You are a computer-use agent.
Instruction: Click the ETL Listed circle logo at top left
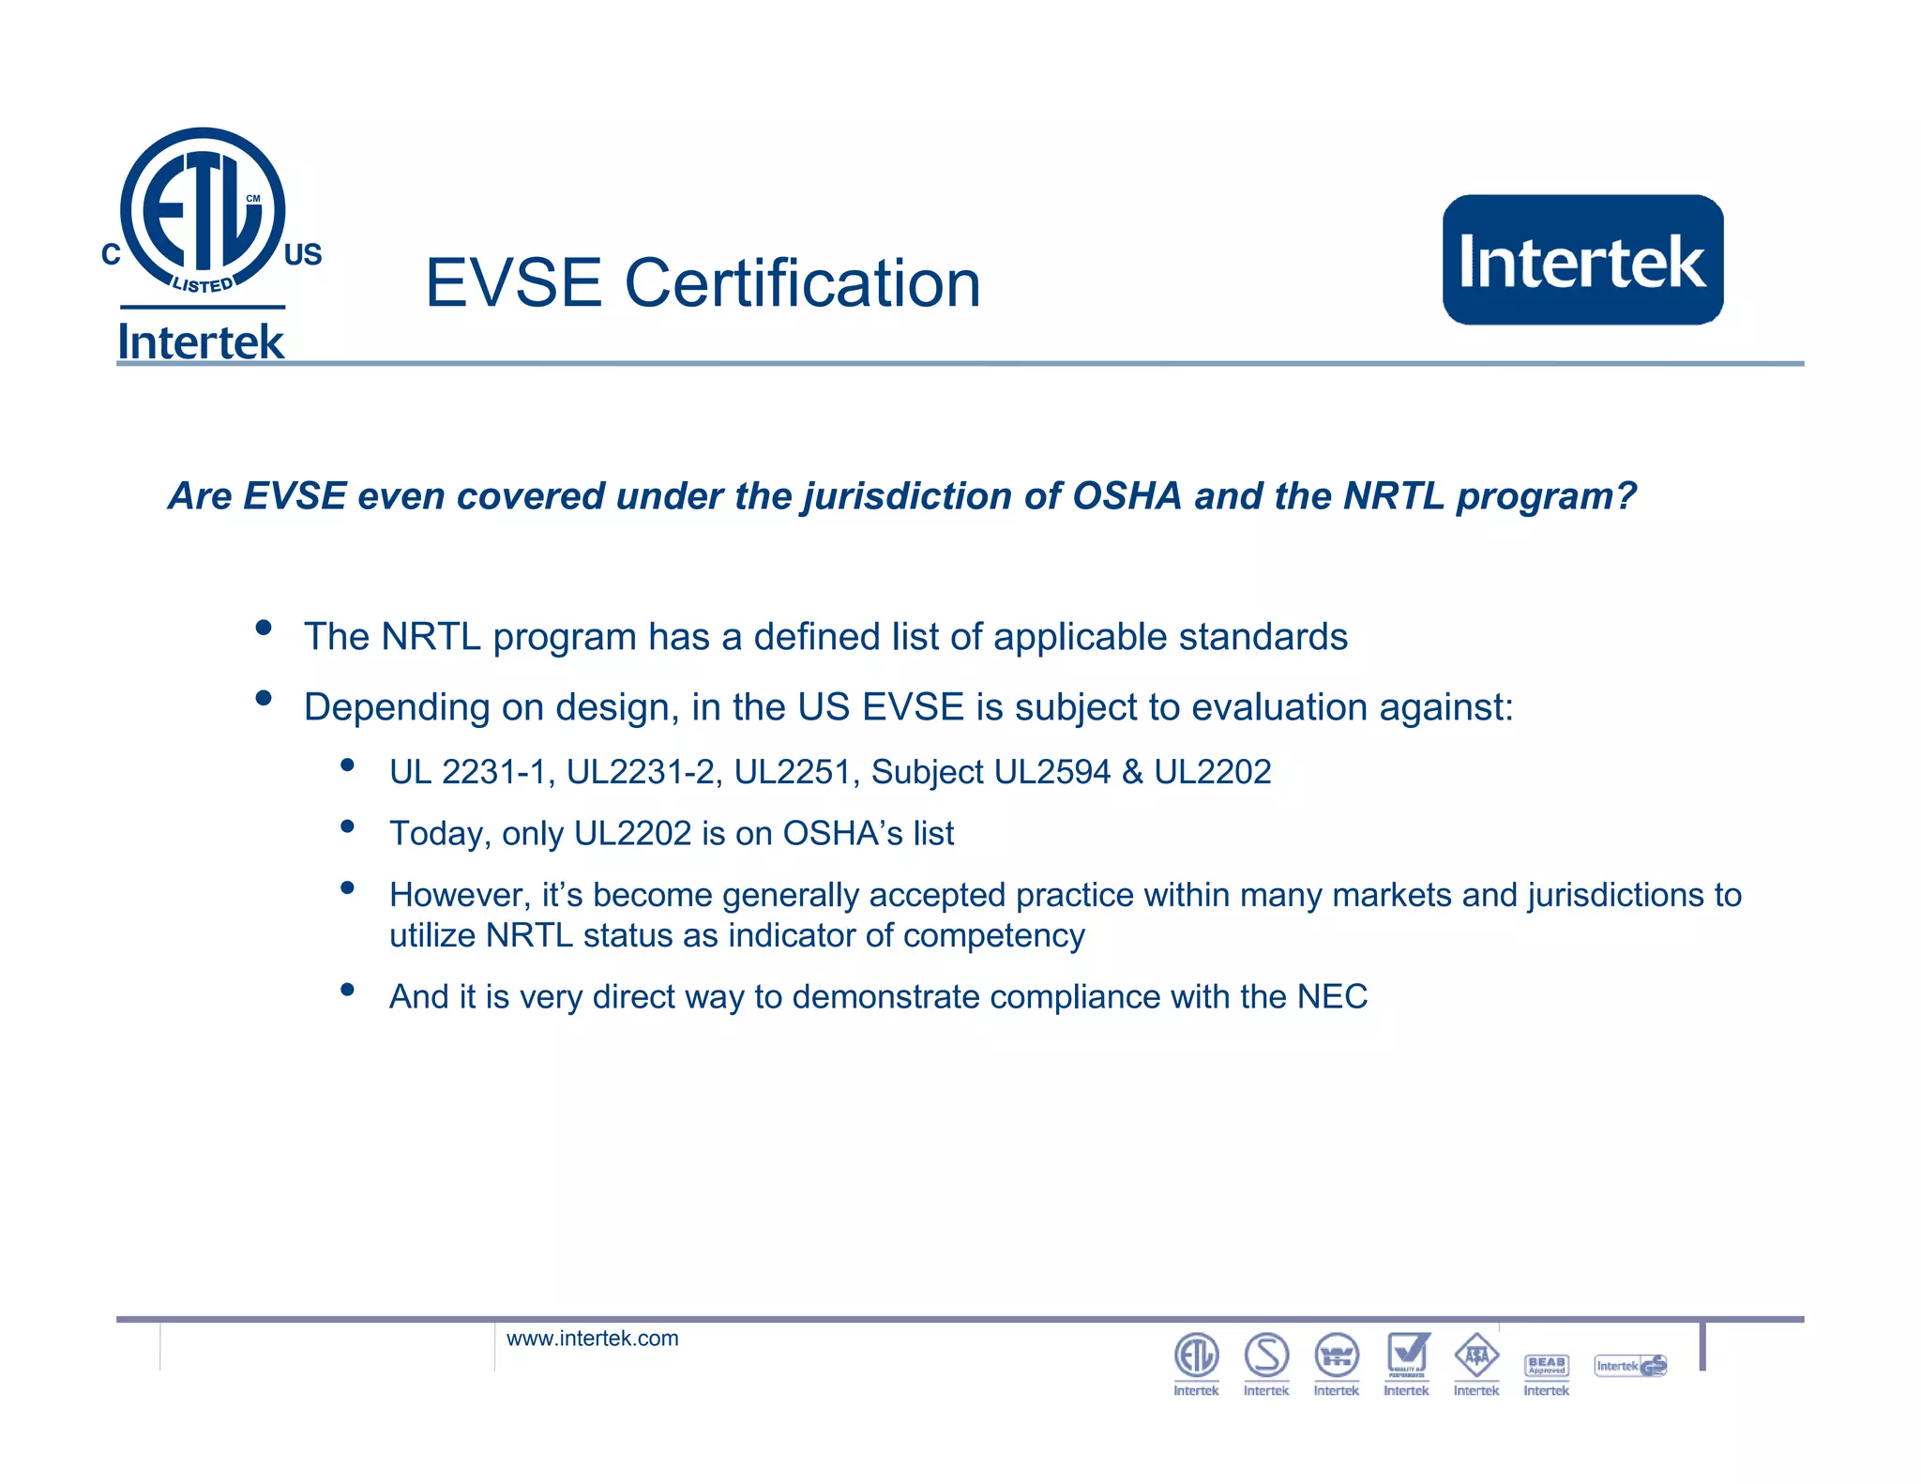click(x=203, y=211)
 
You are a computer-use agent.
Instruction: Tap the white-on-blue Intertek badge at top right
click(x=1582, y=260)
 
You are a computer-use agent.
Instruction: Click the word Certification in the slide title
click(x=802, y=283)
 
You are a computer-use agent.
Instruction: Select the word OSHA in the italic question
click(x=1126, y=496)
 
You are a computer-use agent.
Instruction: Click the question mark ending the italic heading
click(x=1626, y=496)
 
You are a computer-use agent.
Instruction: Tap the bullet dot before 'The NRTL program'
click(x=264, y=628)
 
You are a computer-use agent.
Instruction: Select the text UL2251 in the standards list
click(x=792, y=772)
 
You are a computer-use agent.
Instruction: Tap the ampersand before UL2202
click(x=1132, y=772)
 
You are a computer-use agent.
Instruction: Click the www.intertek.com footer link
click(x=592, y=1339)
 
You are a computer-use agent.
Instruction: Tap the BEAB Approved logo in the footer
click(x=1546, y=1366)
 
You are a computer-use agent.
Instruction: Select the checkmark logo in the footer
click(x=1407, y=1355)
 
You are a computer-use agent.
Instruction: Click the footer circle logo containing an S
click(x=1266, y=1355)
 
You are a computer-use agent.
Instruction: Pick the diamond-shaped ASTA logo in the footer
click(x=1476, y=1355)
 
